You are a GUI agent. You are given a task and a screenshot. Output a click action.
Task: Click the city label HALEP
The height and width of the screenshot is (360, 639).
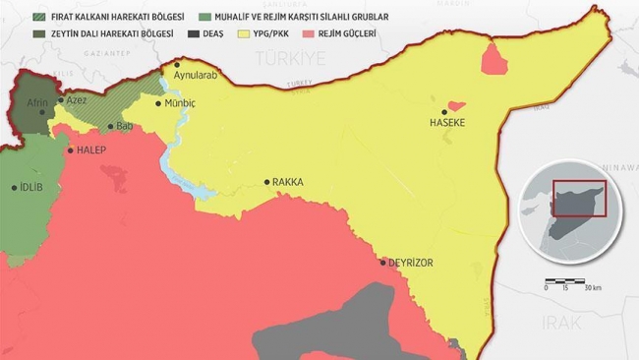(90, 150)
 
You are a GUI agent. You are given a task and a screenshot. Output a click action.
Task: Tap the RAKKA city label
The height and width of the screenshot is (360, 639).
(288, 182)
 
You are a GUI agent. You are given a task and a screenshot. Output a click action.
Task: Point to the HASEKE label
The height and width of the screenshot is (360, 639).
(447, 123)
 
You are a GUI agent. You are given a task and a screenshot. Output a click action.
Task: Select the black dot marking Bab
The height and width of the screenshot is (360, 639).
(111, 126)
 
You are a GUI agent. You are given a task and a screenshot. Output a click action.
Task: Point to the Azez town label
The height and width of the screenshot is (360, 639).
(77, 100)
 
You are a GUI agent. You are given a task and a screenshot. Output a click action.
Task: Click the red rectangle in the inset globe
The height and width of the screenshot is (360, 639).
(579, 199)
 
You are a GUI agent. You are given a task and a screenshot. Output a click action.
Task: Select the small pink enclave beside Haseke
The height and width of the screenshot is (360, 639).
(454, 105)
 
